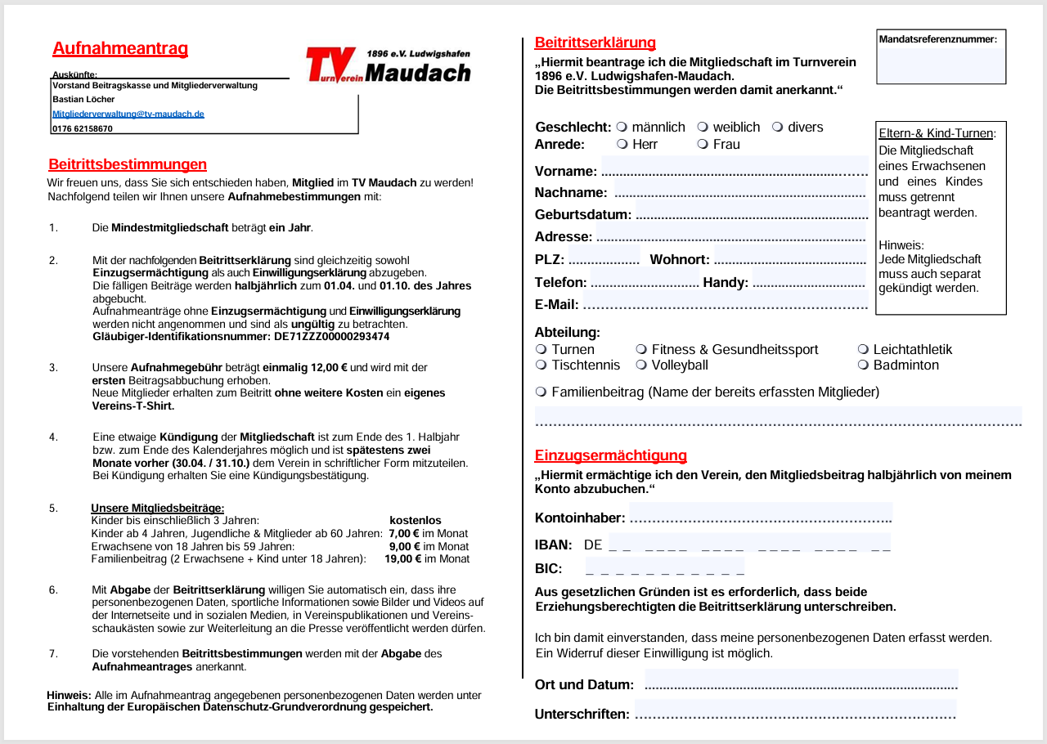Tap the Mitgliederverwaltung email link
click(128, 114)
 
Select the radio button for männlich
click(622, 127)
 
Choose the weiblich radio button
click(703, 127)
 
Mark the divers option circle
click(777, 127)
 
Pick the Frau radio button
click(703, 144)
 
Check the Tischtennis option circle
click(541, 365)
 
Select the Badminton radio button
click(863, 365)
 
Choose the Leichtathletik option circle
click(863, 349)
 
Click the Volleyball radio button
click(641, 365)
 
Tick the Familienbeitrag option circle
click(541, 392)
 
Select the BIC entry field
click(664, 567)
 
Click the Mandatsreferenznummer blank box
click(941, 64)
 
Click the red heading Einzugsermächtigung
click(610, 455)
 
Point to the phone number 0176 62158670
click(83, 128)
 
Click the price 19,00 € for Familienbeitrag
click(402, 559)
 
